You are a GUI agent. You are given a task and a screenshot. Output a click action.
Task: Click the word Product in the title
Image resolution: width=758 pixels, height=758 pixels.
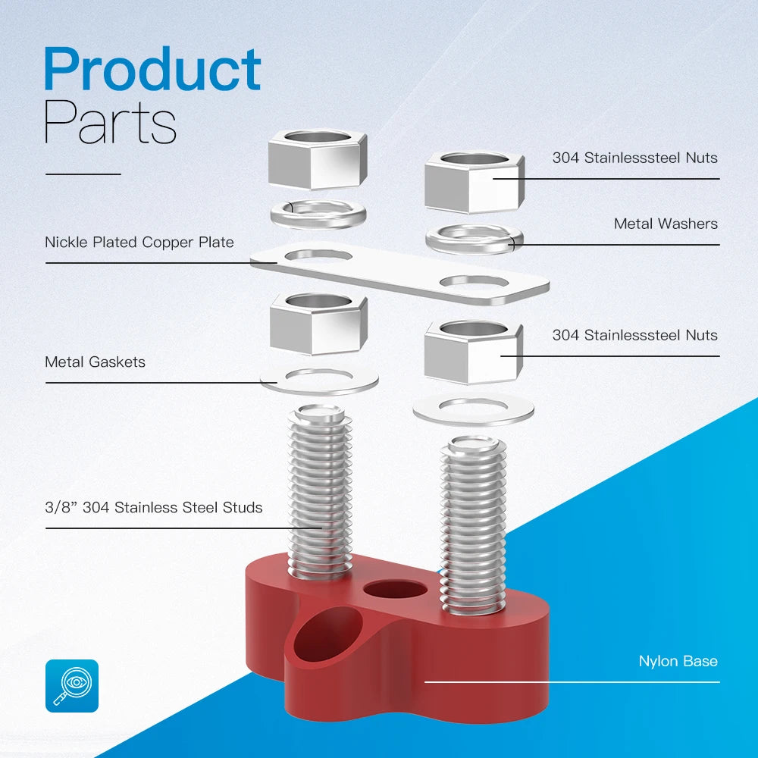point(152,70)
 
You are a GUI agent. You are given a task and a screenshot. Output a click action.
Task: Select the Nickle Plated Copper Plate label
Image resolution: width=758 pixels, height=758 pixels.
point(139,243)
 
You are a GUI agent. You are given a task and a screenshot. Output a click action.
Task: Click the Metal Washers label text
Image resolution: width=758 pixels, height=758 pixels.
point(666,224)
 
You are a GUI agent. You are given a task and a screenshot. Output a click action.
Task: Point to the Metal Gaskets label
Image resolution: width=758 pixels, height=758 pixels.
point(95,362)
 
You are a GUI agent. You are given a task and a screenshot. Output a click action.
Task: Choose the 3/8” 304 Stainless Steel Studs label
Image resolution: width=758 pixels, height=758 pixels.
point(153,507)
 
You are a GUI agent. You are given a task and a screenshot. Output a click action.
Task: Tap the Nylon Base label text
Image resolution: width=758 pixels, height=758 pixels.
point(678,661)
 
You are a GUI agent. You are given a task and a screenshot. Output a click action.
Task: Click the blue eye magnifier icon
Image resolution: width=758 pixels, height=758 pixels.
point(72,685)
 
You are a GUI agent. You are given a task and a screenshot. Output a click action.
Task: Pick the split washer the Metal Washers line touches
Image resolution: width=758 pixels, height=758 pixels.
point(475,239)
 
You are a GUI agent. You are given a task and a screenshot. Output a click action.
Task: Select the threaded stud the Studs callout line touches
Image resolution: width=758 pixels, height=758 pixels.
point(320,493)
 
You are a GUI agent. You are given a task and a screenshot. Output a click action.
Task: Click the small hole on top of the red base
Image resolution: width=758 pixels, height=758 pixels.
point(393,590)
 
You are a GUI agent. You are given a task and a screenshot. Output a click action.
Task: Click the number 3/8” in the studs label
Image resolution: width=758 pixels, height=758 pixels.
point(61,507)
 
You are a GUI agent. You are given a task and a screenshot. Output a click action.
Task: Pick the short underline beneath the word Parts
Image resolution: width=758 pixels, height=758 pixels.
point(83,174)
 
